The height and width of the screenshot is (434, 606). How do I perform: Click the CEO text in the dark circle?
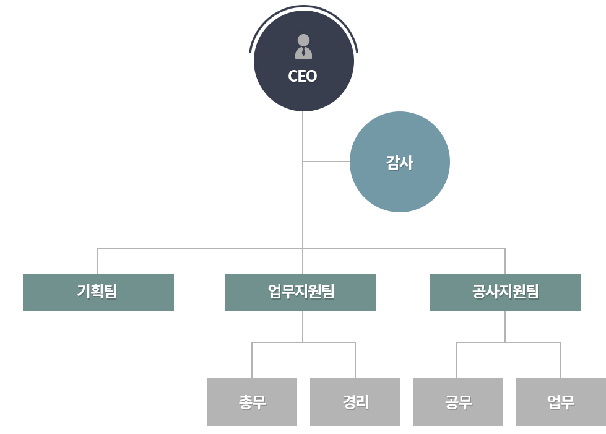coord(303,76)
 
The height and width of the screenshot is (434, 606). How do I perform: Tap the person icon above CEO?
coord(303,47)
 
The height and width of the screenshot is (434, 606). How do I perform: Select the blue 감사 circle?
coord(400,162)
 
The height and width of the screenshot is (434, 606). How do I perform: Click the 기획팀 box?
coord(98,292)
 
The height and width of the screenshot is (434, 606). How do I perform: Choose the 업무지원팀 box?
coord(301,292)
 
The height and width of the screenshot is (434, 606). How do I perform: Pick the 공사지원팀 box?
coord(505,292)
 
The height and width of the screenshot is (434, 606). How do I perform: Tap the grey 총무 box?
coord(252,402)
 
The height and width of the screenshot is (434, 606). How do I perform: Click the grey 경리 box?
coord(355,402)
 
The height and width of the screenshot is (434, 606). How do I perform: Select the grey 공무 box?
coord(458,402)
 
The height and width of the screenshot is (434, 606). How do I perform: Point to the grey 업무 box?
coord(561,402)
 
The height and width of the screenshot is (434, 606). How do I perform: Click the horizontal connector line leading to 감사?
coord(327,162)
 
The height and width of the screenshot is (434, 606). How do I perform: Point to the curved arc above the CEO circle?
coord(303,6)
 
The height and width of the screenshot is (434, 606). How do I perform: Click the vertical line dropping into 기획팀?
coord(97,261)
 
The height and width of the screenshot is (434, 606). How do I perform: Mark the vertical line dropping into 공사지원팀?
coord(505,261)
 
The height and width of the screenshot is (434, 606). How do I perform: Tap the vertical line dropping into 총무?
coord(252,360)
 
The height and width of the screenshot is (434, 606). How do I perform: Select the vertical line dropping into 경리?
coord(355,360)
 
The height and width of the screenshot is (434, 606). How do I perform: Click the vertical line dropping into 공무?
coord(457,360)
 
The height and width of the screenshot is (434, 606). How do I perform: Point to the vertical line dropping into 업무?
coord(560,360)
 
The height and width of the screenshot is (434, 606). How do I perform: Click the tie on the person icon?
coord(304,52)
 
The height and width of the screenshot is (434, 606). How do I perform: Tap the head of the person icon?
coord(303,40)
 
